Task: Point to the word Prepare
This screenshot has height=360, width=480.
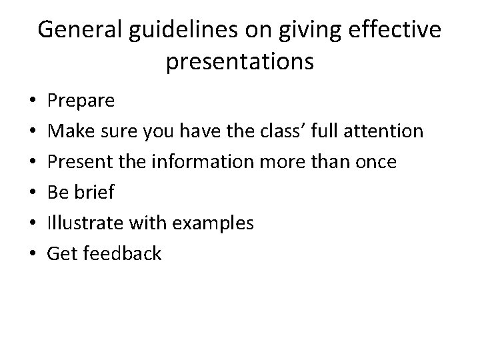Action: point(82,101)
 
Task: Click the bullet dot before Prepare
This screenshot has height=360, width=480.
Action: point(33,102)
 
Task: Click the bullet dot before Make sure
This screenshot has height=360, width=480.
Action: point(33,132)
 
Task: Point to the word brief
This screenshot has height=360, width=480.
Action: point(95,193)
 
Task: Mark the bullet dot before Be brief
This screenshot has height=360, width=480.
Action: point(33,193)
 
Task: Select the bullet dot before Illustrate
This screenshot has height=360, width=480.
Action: point(33,224)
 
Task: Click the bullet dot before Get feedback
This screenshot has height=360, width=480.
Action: point(33,254)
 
